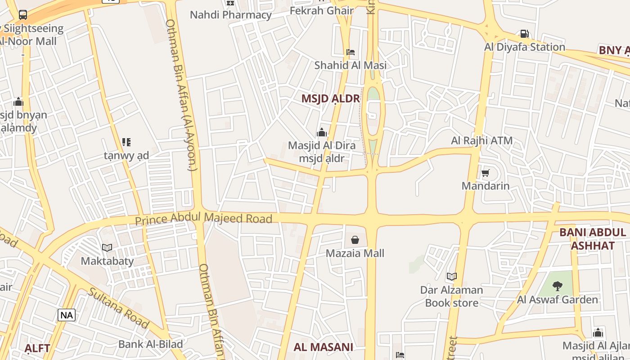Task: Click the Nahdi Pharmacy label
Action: click(x=230, y=15)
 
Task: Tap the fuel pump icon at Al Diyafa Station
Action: click(x=524, y=34)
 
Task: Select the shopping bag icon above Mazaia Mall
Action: click(x=355, y=240)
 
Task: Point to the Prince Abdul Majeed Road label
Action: click(x=204, y=219)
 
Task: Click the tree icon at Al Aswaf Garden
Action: click(x=557, y=286)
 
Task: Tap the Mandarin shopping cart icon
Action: click(x=485, y=173)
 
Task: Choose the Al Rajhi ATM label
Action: click(x=481, y=140)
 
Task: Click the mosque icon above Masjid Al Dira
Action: click(x=321, y=132)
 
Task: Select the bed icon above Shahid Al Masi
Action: click(x=351, y=52)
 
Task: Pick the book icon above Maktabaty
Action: click(x=107, y=247)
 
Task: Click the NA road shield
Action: click(x=67, y=315)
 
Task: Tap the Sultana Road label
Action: click(x=118, y=308)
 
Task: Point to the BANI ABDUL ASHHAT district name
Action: click(x=593, y=239)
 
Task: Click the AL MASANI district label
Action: click(x=323, y=347)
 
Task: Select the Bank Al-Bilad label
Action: click(x=150, y=344)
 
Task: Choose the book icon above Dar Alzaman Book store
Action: click(x=451, y=276)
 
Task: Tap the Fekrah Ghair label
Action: click(x=321, y=11)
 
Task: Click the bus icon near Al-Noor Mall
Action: click(x=23, y=15)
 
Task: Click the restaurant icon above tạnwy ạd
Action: click(x=126, y=143)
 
